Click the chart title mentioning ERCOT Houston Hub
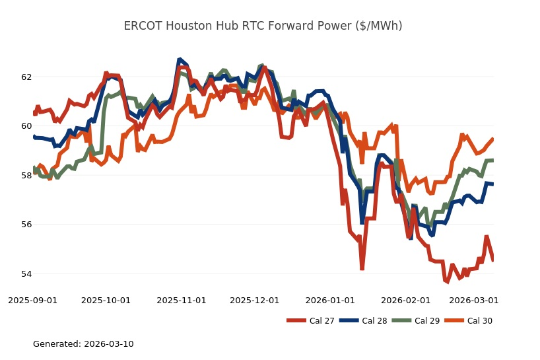coord(263,26)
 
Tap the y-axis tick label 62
coord(26,77)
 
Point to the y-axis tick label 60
coord(26,126)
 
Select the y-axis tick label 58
coord(26,175)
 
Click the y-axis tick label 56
coord(26,225)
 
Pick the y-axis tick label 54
coord(26,273)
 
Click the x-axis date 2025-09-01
coord(32,300)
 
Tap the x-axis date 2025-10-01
coord(106,300)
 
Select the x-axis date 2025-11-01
coord(182,300)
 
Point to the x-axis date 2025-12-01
coord(255,300)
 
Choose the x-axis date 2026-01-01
coord(330,300)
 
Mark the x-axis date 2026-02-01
coord(405,300)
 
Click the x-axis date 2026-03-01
coord(473,300)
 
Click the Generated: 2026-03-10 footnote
coord(83,343)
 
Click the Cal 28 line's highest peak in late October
coord(180,60)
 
